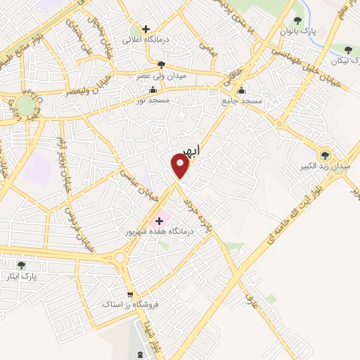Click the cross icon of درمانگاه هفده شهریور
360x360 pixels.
159,221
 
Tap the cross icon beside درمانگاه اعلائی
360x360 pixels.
146,30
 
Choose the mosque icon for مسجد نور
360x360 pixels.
153,89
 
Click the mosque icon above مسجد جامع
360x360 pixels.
241,90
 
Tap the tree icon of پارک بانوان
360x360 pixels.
298,20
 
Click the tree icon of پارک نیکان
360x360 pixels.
349,49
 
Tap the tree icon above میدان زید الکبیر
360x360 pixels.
324,155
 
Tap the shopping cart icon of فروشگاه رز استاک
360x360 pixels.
130,295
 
